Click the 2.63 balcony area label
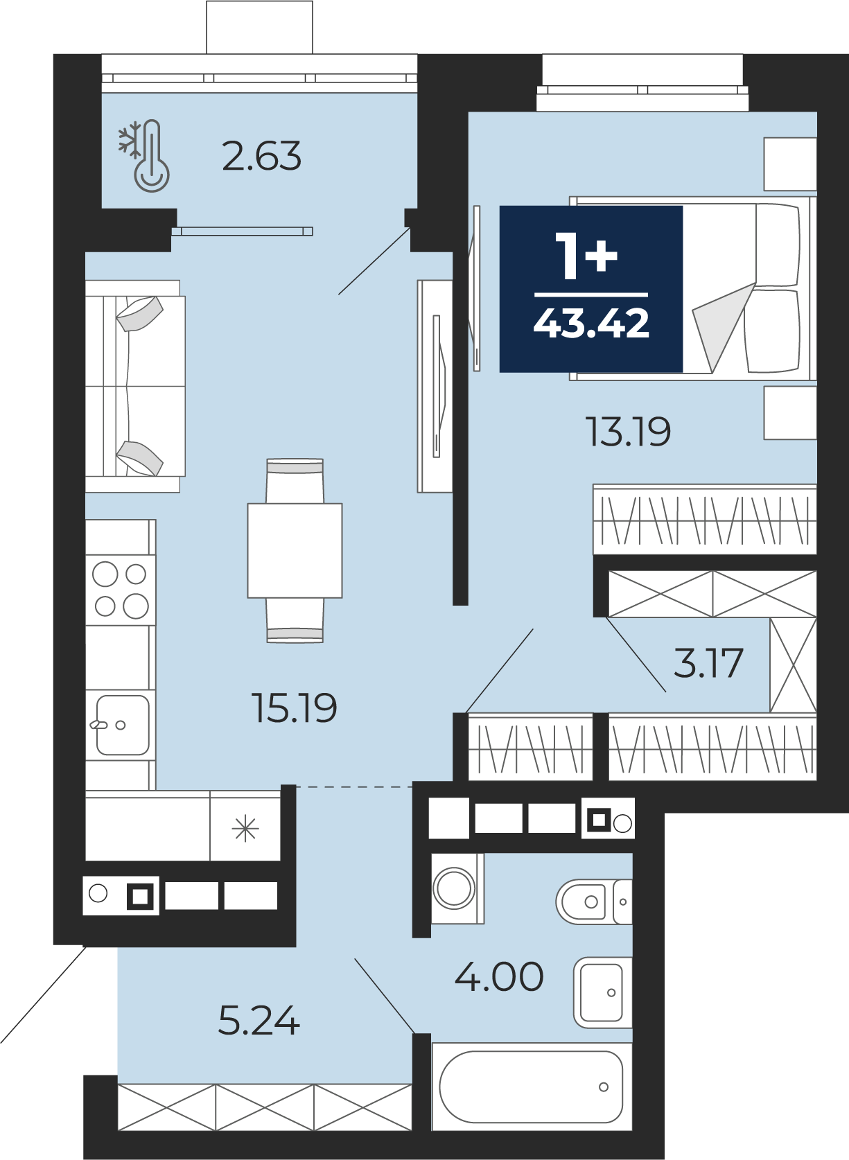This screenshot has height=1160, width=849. [261, 156]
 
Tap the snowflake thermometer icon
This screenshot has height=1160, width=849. [144, 156]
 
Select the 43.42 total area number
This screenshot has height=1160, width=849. [591, 323]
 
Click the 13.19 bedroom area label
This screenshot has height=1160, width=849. [629, 432]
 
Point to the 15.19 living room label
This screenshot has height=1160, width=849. [295, 708]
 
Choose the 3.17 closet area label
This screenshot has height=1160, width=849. [708, 663]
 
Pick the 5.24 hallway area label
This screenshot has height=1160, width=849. [259, 1021]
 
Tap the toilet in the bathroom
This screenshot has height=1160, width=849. [594, 902]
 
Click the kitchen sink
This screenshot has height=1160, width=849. [123, 725]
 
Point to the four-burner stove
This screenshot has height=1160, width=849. [121, 590]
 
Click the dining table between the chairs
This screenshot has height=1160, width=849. [295, 550]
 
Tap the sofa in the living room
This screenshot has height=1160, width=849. [135, 387]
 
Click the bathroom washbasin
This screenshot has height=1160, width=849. [603, 993]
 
